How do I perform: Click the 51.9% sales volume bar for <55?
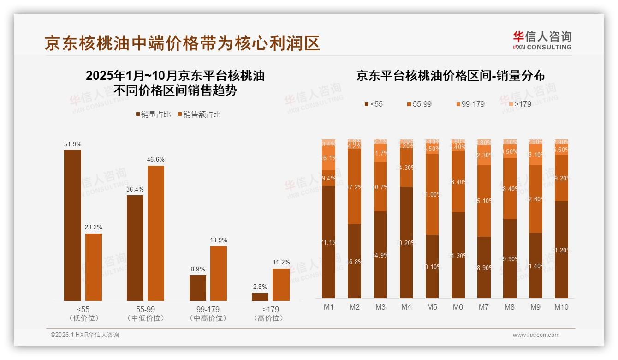pos(72,225)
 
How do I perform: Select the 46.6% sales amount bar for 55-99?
pos(155,233)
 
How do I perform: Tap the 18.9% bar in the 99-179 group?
pos(218,273)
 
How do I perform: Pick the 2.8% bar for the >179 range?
pos(260,297)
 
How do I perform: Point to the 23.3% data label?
pos(94,228)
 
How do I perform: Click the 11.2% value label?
pos(281,263)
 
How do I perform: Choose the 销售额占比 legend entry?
pos(199,114)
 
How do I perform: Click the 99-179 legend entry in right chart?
pos(470,104)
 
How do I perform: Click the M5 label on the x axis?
pos(432,307)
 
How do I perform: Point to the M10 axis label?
pos(561,307)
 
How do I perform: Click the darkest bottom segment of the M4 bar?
pos(406,242)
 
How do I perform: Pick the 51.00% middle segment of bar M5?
pos(432,194)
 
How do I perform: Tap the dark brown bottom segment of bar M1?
pos(329,241)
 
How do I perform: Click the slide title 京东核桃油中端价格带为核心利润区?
pos(182,43)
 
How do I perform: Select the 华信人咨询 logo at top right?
pos(542,40)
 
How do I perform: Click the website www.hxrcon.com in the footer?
pos(535,335)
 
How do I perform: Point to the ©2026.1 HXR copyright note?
pos(84,335)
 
